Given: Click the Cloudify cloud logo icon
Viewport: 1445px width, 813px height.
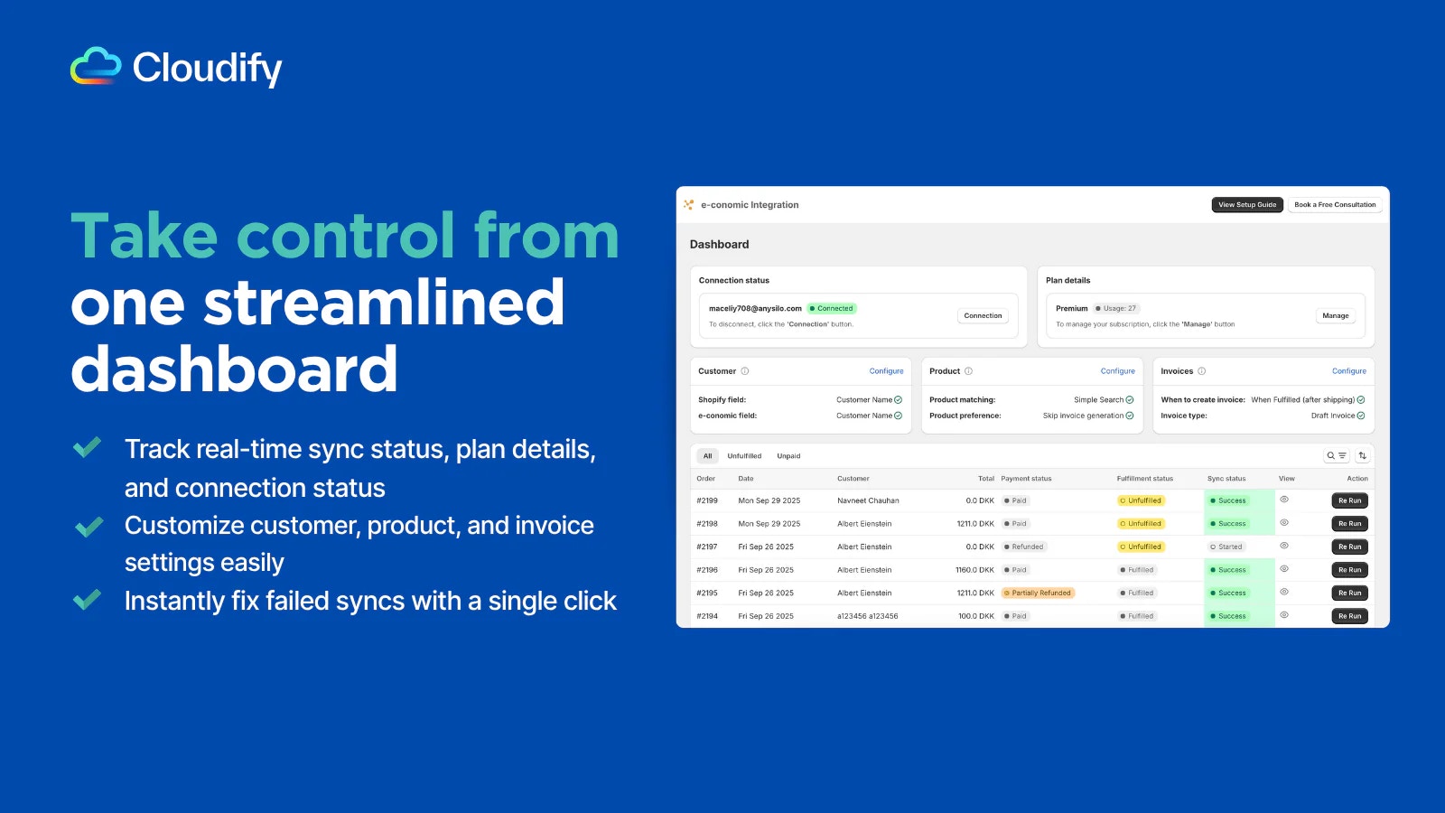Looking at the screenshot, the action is click(96, 65).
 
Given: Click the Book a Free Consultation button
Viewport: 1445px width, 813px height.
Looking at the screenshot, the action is click(1335, 204).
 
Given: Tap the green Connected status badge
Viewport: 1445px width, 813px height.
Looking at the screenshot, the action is click(832, 308).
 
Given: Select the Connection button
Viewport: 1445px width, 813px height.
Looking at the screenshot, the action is click(983, 315).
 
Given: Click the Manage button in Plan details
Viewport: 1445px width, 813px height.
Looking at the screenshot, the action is click(1336, 315).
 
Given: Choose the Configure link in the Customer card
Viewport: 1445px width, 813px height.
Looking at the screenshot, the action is click(886, 371).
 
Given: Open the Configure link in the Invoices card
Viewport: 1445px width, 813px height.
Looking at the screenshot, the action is click(1349, 371).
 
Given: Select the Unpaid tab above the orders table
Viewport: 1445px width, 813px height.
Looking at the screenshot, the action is click(788, 455).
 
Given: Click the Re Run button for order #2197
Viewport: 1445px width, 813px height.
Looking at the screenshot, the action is click(1349, 547).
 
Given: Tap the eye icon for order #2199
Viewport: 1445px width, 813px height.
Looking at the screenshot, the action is click(1284, 500).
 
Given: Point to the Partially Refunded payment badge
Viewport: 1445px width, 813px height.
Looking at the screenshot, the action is click(1038, 593).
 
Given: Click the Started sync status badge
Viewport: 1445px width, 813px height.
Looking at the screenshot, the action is click(1226, 547).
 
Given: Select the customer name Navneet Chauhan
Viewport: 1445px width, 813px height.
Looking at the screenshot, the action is click(868, 500).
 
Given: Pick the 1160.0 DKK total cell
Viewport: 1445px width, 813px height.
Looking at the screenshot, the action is click(974, 570).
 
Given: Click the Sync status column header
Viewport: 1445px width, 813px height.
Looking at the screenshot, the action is click(1226, 479).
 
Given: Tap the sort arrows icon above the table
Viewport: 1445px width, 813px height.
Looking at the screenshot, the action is click(1363, 455).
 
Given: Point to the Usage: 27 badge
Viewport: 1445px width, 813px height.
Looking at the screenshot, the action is click(1115, 308).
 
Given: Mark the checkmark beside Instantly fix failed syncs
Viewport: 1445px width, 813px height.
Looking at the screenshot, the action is click(87, 600).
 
